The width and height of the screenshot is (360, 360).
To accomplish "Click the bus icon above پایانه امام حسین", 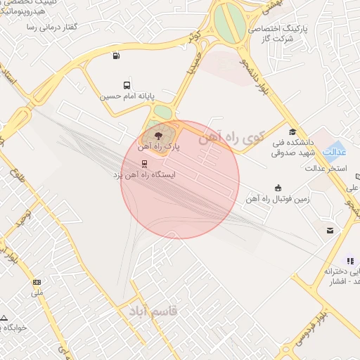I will (x=127, y=83).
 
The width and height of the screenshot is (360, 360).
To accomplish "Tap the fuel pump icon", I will (x=115, y=56).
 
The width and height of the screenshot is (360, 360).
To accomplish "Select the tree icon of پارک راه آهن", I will (x=157, y=132).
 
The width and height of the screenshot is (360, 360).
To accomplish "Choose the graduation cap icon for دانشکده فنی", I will (x=292, y=131).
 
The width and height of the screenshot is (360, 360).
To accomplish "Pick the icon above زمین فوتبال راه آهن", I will (x=278, y=188).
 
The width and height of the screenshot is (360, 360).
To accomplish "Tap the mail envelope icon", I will (x=329, y=230).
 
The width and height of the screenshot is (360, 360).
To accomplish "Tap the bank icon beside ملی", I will (x=37, y=282).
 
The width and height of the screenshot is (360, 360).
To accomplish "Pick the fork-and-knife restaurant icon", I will (x=349, y=260).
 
